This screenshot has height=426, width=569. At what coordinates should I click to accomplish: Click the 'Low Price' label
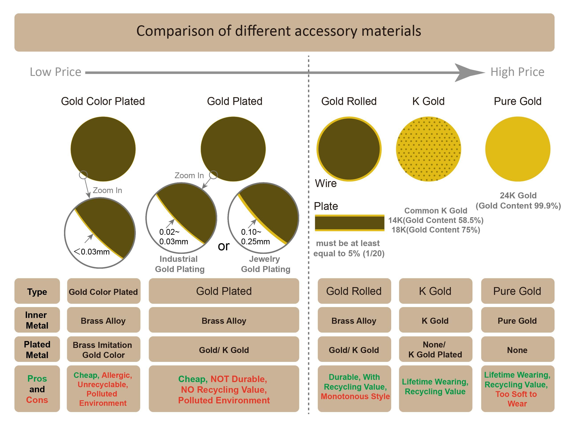(x=55, y=72)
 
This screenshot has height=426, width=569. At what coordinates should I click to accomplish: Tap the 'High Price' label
(x=517, y=72)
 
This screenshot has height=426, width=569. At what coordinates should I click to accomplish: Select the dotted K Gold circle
(x=428, y=149)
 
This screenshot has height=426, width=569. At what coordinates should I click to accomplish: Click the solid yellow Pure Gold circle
(x=518, y=149)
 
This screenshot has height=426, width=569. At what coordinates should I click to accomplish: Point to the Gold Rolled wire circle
(x=349, y=149)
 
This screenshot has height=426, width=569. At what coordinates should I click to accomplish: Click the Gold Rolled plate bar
(x=349, y=223)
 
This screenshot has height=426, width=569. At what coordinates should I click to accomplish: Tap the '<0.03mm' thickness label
(x=92, y=252)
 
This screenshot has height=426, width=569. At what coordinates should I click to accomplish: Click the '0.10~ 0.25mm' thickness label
(x=255, y=237)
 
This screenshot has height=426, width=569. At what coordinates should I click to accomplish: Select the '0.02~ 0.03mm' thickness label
(x=173, y=237)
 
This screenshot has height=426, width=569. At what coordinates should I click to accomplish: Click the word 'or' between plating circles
(x=224, y=246)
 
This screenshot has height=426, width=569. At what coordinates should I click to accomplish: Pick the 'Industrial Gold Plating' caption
(x=180, y=264)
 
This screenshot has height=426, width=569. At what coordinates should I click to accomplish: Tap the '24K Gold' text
(x=518, y=195)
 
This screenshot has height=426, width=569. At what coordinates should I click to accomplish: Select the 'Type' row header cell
(x=37, y=292)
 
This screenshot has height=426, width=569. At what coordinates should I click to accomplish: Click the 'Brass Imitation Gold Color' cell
(x=103, y=349)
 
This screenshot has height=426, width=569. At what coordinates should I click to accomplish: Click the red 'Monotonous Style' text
(x=355, y=396)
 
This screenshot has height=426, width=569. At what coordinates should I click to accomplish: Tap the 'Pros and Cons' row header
(x=37, y=389)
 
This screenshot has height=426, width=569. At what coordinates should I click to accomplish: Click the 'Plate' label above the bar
(x=326, y=206)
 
